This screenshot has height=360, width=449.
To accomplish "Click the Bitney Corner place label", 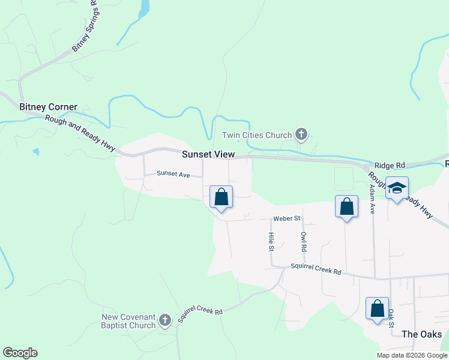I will [x=48, y=107].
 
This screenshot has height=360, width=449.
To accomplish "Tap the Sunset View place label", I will [x=208, y=154].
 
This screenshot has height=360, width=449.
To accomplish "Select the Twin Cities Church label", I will [x=256, y=135].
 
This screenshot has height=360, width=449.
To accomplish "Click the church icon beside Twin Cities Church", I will [x=301, y=135].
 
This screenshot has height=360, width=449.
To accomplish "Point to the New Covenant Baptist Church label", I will [x=129, y=321].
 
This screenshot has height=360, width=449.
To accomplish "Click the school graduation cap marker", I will [x=397, y=189].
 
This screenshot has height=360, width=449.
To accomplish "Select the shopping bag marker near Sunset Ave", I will [x=221, y=197].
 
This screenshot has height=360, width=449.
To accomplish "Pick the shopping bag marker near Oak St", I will [x=377, y=308].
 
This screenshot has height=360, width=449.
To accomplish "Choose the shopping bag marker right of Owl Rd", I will [x=346, y=207].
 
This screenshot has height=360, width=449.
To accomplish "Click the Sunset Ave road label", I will [x=173, y=174].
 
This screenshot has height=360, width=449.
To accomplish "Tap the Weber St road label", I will [x=286, y=219].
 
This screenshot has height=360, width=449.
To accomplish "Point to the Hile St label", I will [x=271, y=242].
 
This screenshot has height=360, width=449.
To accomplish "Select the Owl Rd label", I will [x=304, y=241].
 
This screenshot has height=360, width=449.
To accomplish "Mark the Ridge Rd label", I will [x=390, y=165].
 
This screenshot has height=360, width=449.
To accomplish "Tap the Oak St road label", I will [x=391, y=317].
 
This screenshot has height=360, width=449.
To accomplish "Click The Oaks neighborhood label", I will [x=421, y=334].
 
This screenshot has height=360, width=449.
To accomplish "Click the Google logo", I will [x=20, y=353].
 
